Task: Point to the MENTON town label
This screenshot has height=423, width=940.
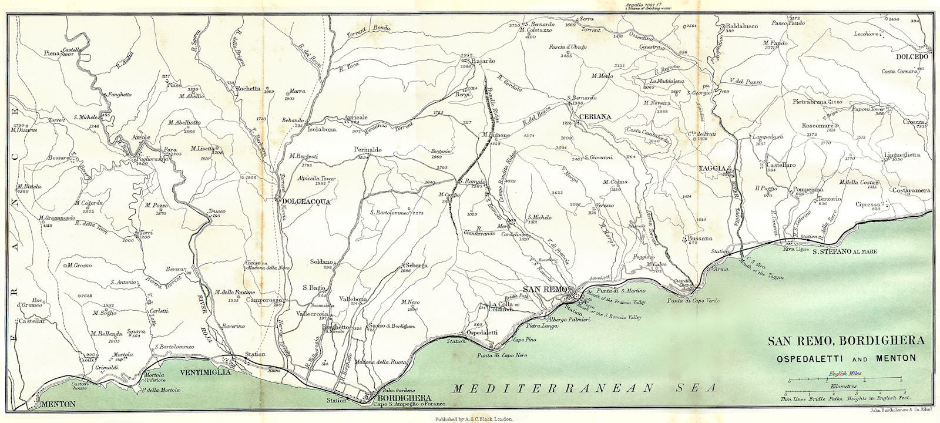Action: [x=59, y=404]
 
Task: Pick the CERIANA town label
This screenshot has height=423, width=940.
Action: [x=595, y=117]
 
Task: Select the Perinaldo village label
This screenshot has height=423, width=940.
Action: [x=368, y=150]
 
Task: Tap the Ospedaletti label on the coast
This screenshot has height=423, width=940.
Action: [x=481, y=333]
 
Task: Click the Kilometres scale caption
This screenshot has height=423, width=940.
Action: [x=844, y=387]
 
